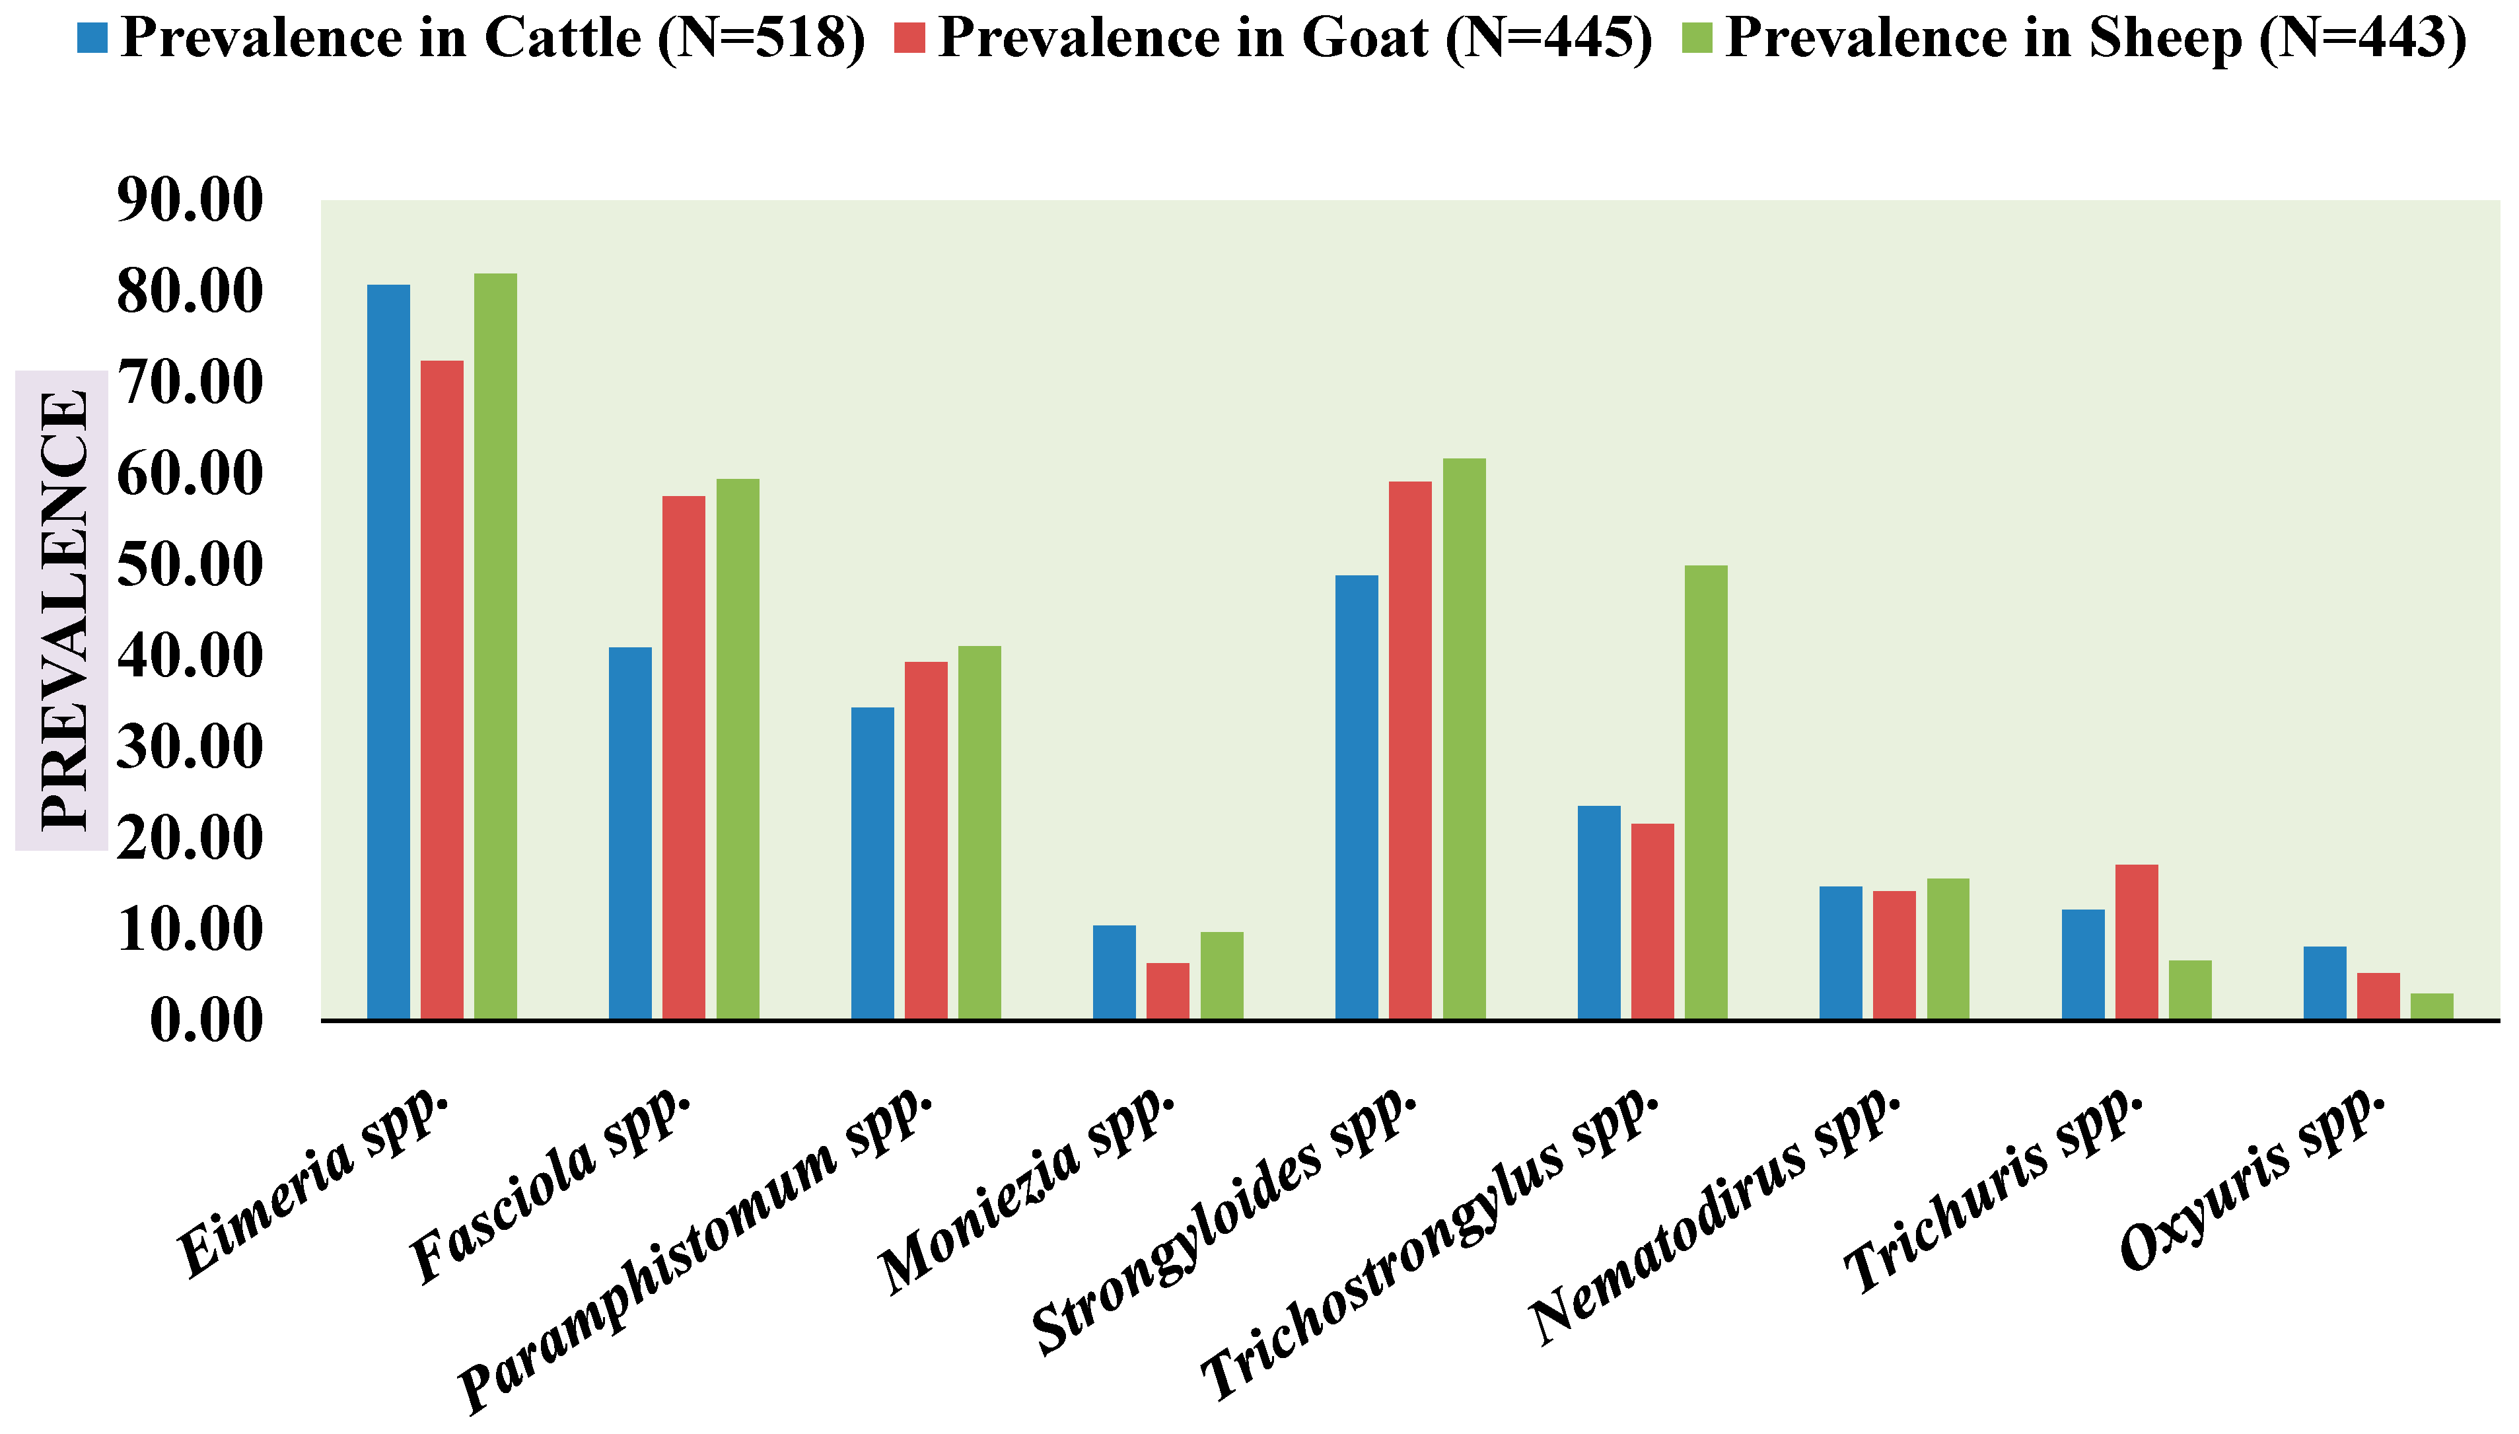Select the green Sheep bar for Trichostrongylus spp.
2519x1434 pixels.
tap(1705, 792)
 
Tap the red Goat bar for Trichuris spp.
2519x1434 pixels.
tap(2136, 941)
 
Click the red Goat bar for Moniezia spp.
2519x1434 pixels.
tap(1167, 991)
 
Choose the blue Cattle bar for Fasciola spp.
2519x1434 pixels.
tap(630, 832)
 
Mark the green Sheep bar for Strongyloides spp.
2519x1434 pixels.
tap(1464, 738)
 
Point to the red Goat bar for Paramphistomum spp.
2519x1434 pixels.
tap(926, 840)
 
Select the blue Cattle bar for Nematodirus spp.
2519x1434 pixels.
tap(1841, 952)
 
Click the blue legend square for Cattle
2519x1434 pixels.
tap(92, 38)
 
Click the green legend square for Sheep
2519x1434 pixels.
tap(1697, 38)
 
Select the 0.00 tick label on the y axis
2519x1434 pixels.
tap(207, 1021)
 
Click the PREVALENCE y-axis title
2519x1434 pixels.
tap(63, 610)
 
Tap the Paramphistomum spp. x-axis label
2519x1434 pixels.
tap(694, 1251)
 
